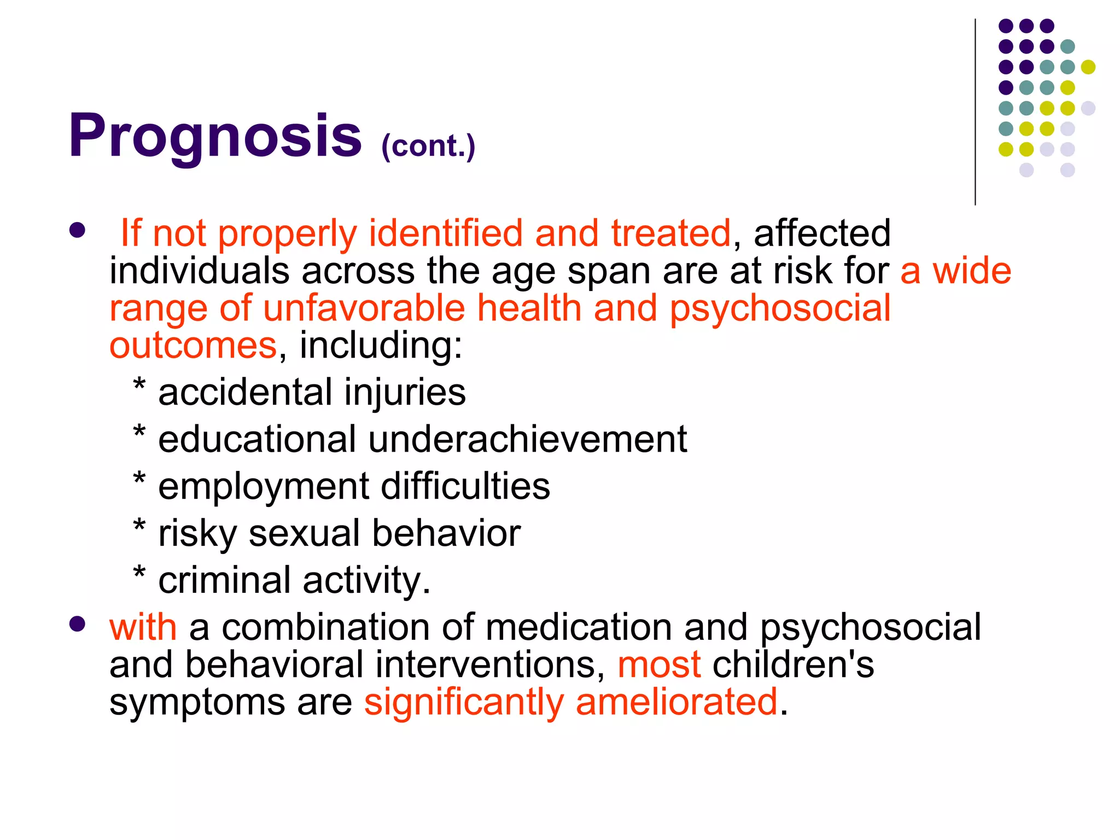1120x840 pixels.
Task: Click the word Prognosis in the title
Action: [x=215, y=136]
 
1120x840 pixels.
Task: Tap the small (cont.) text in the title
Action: [x=428, y=146]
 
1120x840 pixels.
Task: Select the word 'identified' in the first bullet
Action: [x=446, y=233]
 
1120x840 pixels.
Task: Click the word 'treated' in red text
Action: [x=670, y=233]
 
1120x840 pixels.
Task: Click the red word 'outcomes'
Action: [x=193, y=346]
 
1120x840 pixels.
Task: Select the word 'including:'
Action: [x=381, y=346]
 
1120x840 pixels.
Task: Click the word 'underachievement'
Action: [x=527, y=439]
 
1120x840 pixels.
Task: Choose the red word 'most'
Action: [x=659, y=664]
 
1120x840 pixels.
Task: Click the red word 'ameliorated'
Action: [x=676, y=702]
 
